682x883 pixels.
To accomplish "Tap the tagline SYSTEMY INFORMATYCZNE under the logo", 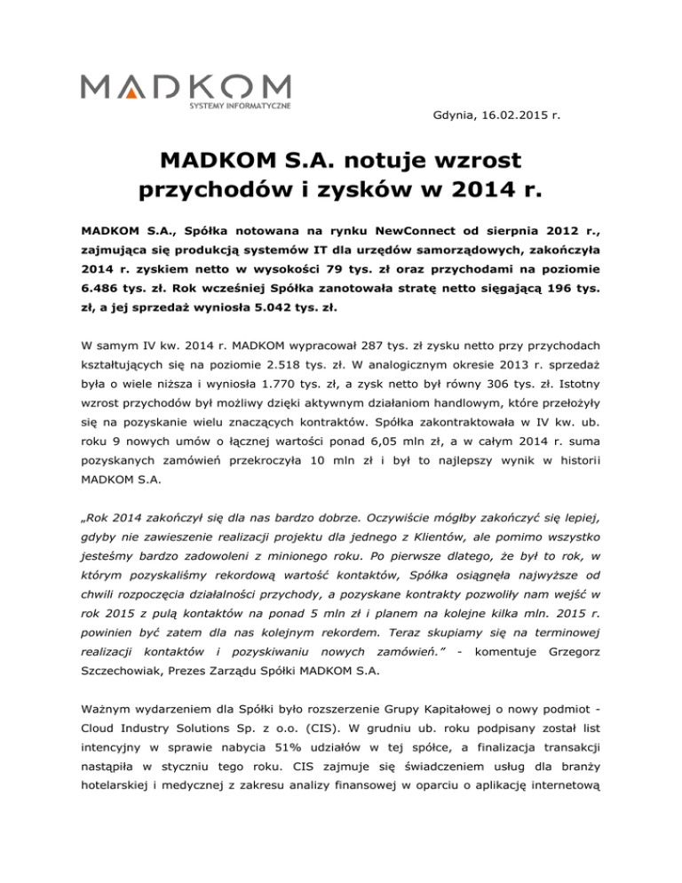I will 239,107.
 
